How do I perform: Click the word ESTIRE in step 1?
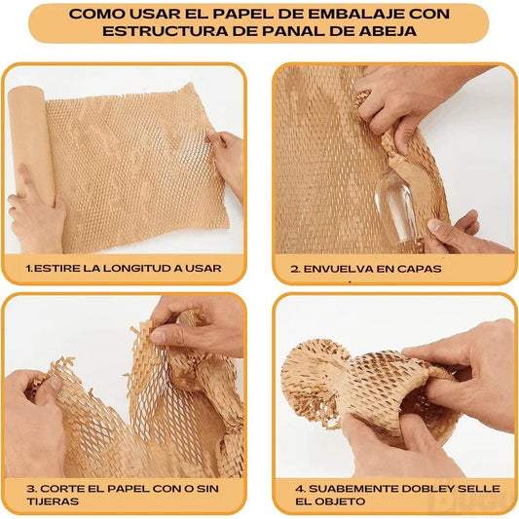coord(57,267)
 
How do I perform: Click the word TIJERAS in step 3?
coord(53,501)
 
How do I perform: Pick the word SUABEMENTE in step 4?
coord(346,487)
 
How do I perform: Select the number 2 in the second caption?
coord(295,267)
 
